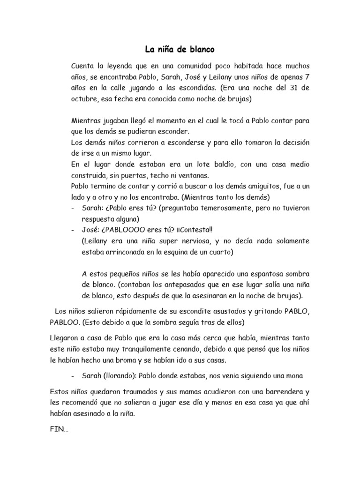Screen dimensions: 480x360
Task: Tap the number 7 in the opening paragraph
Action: click(x=307, y=76)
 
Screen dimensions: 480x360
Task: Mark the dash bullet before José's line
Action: click(x=73, y=230)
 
